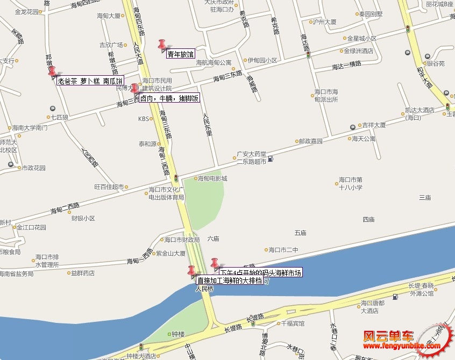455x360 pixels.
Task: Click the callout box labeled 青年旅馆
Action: [x=180, y=54]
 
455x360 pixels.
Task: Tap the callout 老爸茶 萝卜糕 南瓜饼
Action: [x=90, y=81]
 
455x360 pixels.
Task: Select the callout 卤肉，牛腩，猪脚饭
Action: [x=170, y=98]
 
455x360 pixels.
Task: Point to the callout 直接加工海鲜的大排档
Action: [x=229, y=280]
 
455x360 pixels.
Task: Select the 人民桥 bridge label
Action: [x=204, y=289]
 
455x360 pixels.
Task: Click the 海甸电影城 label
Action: [x=212, y=178]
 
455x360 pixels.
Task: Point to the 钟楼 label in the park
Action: [x=178, y=334]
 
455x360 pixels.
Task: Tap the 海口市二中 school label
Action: [x=283, y=249]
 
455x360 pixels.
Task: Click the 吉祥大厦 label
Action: [x=374, y=125]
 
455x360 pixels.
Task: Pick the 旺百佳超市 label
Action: [x=109, y=187]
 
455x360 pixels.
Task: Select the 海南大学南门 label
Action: [x=31, y=128]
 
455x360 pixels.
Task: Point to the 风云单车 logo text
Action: [x=389, y=336]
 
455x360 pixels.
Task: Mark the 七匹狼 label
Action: [x=60, y=117]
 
